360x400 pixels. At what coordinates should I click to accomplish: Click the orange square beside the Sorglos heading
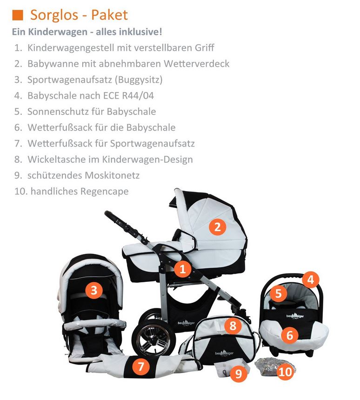[x=18, y=15]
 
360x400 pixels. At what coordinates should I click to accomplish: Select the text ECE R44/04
[x=133, y=96]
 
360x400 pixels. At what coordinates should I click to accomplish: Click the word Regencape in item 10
[x=103, y=191]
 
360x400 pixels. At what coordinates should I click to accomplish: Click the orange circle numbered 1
[x=182, y=269]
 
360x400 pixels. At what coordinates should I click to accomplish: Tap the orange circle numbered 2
[x=217, y=227]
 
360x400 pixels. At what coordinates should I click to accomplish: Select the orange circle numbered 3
[x=94, y=291]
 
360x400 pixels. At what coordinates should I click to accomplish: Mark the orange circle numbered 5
[x=278, y=293]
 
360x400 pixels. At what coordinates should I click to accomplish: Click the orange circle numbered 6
[x=289, y=334]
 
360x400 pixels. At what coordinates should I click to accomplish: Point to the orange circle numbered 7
[x=140, y=367]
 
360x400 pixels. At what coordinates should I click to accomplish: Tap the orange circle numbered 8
[x=233, y=326]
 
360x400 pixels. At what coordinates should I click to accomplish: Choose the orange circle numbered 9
[x=239, y=373]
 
